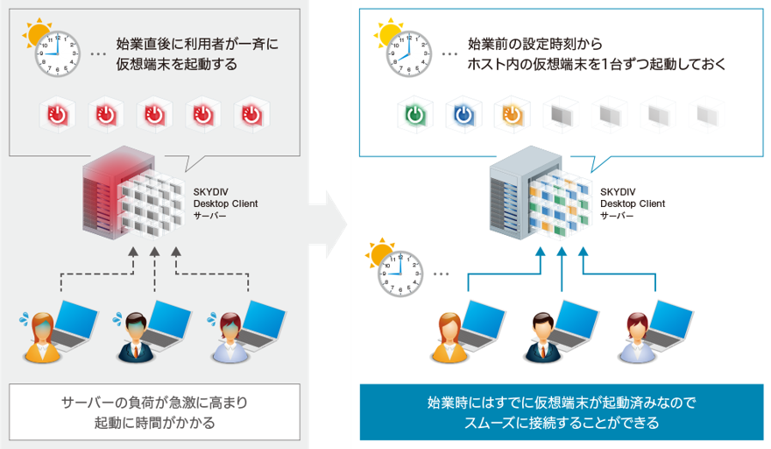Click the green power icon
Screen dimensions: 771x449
pyautogui.click(x=415, y=115)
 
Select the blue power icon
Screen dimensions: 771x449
pyautogui.click(x=463, y=115)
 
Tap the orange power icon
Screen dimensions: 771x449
pyautogui.click(x=512, y=115)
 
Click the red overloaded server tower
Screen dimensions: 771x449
pyautogui.click(x=118, y=193)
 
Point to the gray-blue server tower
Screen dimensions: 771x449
pyautogui.click(x=525, y=193)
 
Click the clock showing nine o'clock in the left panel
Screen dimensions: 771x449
pyautogui.click(x=58, y=53)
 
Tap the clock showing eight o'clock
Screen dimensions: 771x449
pyautogui.click(x=409, y=53)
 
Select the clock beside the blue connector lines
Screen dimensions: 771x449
pyautogui.click(x=400, y=274)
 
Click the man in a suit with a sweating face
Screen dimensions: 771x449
pyautogui.click(x=136, y=338)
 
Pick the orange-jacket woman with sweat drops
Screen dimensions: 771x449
pyautogui.click(x=42, y=338)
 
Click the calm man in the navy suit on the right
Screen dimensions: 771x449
pyautogui.click(x=543, y=338)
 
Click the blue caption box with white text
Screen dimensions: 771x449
pyautogui.click(x=562, y=412)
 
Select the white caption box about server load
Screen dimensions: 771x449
pyautogui.click(x=154, y=412)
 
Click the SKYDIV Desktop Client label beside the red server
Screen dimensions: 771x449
pyautogui.click(x=225, y=203)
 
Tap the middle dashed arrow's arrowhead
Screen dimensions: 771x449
pyautogui.click(x=154, y=252)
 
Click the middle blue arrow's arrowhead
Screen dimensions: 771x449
pyautogui.click(x=562, y=252)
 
